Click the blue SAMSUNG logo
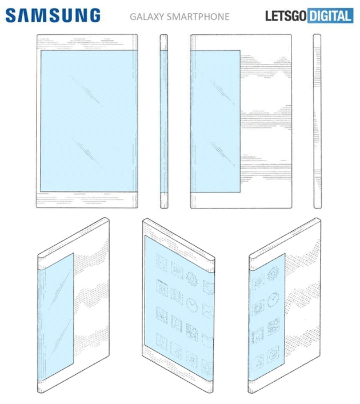[53, 15]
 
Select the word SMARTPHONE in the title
[198, 17]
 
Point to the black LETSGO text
[286, 16]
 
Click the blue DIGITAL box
[330, 16]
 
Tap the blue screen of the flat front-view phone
[89, 121]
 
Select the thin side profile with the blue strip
[164, 121]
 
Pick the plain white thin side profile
[317, 121]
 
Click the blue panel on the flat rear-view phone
[215, 121]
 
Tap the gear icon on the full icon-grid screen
[192, 278]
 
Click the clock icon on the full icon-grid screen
[192, 305]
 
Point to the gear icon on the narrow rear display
[273, 273]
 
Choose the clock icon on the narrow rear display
[273, 300]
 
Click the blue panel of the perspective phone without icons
[55, 317]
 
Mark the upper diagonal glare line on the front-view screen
[86, 91]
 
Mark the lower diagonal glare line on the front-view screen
[86, 152]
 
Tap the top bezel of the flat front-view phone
[87, 42]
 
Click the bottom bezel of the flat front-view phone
[87, 199]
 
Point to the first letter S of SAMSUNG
[11, 15]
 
